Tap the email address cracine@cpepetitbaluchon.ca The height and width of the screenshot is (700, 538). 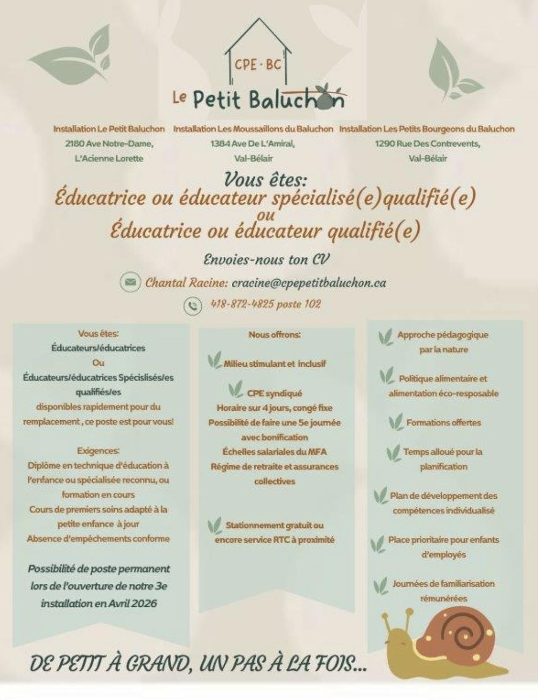pos(309,283)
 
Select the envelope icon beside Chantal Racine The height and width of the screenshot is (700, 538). pos(130,282)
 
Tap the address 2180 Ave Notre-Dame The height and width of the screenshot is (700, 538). pos(109,144)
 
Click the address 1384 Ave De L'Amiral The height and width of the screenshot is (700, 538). pos(253,144)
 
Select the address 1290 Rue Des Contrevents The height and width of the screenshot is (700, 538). pos(427,144)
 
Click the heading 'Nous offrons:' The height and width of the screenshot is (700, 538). pos(275,335)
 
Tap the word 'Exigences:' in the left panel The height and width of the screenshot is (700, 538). pos(98,450)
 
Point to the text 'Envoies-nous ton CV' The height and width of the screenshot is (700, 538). pos(267,260)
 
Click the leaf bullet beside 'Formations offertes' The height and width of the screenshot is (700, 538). pos(396,422)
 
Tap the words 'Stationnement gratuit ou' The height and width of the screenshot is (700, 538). pos(275,525)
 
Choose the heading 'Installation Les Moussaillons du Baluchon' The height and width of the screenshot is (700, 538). pos(253,129)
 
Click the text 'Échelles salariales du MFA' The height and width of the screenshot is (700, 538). pos(275,452)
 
